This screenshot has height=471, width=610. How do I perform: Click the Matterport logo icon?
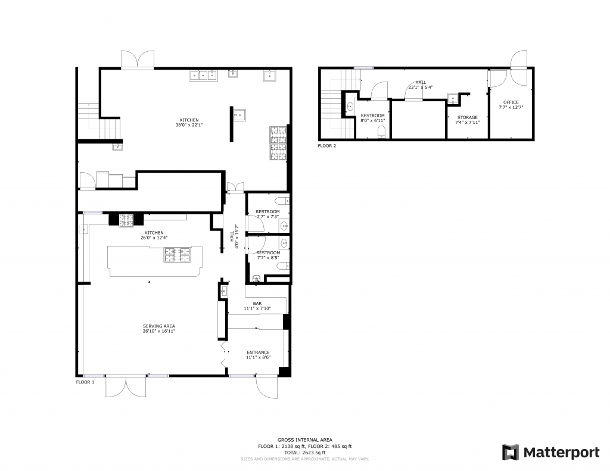pos(510,453)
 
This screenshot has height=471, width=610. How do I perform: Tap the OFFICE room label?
pos(511,102)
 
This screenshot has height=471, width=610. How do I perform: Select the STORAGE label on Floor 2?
pos(467,117)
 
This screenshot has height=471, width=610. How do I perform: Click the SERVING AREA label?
pos(158,326)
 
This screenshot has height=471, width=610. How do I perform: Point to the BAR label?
pos(257,303)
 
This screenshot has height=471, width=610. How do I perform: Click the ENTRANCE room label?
pos(258,353)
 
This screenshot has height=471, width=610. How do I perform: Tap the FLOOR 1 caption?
pos(85,382)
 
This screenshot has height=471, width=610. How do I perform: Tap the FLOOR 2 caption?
pos(327,146)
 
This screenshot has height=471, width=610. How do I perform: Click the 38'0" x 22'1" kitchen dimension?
pos(189,125)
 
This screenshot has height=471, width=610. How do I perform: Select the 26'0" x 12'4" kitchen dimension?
pos(154,238)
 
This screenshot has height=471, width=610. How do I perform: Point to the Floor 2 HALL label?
pos(421,82)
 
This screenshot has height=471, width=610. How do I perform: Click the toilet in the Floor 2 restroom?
pos(382,132)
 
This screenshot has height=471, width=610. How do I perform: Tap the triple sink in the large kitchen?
pos(204,76)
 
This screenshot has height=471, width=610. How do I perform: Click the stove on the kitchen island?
pos(178,255)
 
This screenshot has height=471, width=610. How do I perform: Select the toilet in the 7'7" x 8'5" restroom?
pos(282,266)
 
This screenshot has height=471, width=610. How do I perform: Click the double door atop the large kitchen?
pos(138,60)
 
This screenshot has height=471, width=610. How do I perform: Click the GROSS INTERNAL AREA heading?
pos(304,440)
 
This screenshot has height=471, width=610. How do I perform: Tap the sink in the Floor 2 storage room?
pos(453,99)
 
